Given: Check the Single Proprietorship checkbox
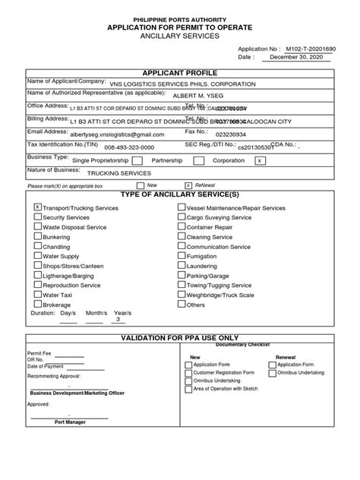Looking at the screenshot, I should [137, 160].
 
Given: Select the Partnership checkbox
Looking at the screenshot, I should [198, 160].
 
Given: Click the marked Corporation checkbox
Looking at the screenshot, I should [260, 160].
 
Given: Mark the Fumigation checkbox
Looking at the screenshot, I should [181, 256].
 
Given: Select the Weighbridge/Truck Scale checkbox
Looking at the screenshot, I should [181, 295].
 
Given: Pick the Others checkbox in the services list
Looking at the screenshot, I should [181, 305].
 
